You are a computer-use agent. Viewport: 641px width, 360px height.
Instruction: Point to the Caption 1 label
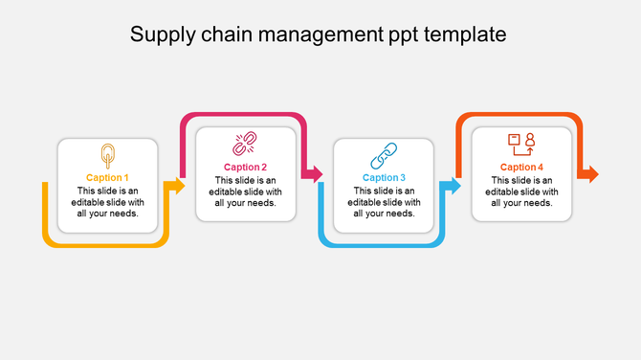(107, 177)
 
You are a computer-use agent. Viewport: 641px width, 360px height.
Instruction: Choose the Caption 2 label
(245, 168)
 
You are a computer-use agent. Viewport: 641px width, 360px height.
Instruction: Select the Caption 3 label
(384, 177)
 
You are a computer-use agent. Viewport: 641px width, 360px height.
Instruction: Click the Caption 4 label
(521, 168)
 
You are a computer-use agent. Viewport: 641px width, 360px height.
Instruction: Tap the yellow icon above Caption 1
(107, 155)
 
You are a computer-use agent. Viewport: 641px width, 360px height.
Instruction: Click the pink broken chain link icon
(245, 146)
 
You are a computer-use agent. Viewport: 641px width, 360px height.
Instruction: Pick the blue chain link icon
(384, 155)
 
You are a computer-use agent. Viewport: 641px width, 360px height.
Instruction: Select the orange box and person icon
(521, 145)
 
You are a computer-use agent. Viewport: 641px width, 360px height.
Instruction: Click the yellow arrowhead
(177, 186)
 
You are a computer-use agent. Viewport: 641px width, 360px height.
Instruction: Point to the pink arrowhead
(314, 174)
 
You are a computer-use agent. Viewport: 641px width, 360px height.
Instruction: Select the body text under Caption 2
(245, 191)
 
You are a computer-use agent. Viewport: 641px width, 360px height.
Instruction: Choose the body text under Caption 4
(521, 191)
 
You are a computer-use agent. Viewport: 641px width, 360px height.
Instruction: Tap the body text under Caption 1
(107, 202)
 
